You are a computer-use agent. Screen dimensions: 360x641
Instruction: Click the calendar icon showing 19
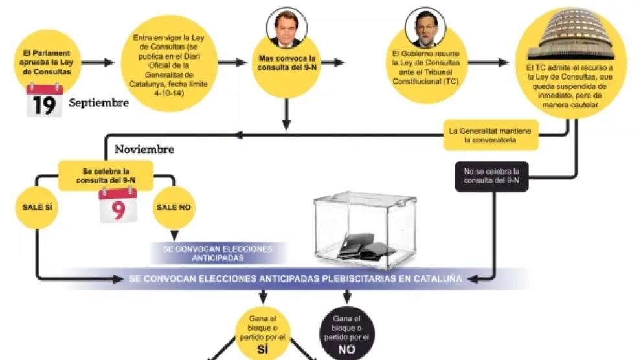(x=44, y=102)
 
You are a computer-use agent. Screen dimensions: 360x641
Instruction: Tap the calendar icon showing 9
(x=118, y=205)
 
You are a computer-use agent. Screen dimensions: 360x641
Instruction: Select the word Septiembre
(x=99, y=103)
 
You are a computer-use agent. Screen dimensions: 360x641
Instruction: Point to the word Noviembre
(x=144, y=150)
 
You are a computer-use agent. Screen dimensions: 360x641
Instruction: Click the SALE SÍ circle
(x=36, y=207)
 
